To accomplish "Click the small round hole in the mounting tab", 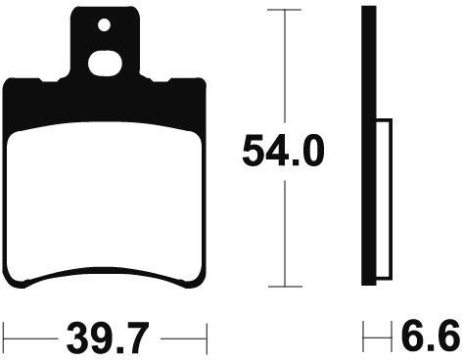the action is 104,25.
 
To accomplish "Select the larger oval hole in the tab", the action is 105,64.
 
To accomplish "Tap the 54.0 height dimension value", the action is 283,152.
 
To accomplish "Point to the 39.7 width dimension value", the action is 108,338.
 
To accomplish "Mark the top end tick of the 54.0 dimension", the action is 284,10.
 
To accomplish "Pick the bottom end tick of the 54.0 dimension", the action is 285,287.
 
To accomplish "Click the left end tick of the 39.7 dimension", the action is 4,338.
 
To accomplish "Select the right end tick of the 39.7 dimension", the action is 207,338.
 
